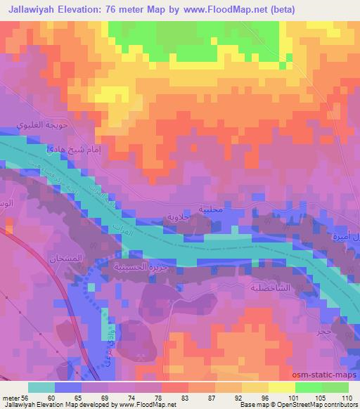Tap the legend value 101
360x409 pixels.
tap(283, 397)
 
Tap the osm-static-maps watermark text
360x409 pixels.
tap(321, 376)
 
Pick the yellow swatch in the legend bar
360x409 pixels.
tap(282, 387)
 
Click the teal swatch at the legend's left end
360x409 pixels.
tap(42, 387)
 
